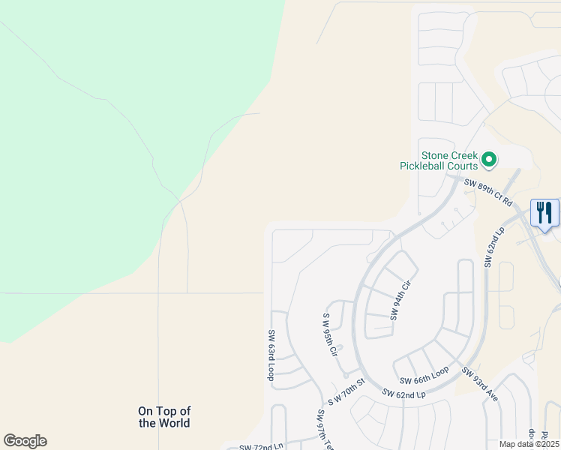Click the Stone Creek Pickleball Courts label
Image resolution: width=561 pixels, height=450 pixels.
(438, 154)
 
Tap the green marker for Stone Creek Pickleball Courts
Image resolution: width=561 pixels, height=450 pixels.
(489, 159)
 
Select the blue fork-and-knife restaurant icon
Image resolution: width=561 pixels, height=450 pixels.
(544, 212)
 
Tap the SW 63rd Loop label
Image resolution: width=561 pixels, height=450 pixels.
(271, 355)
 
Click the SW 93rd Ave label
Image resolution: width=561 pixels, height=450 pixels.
(480, 384)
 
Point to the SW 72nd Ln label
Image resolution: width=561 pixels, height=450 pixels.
(261, 447)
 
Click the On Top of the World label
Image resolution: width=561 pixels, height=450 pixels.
(164, 417)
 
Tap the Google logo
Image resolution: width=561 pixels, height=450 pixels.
(25, 441)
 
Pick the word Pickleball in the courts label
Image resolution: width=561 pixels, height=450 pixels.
(438, 165)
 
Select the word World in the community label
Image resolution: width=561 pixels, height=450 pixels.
(175, 423)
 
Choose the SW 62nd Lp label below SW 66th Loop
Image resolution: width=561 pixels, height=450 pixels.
(403, 393)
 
